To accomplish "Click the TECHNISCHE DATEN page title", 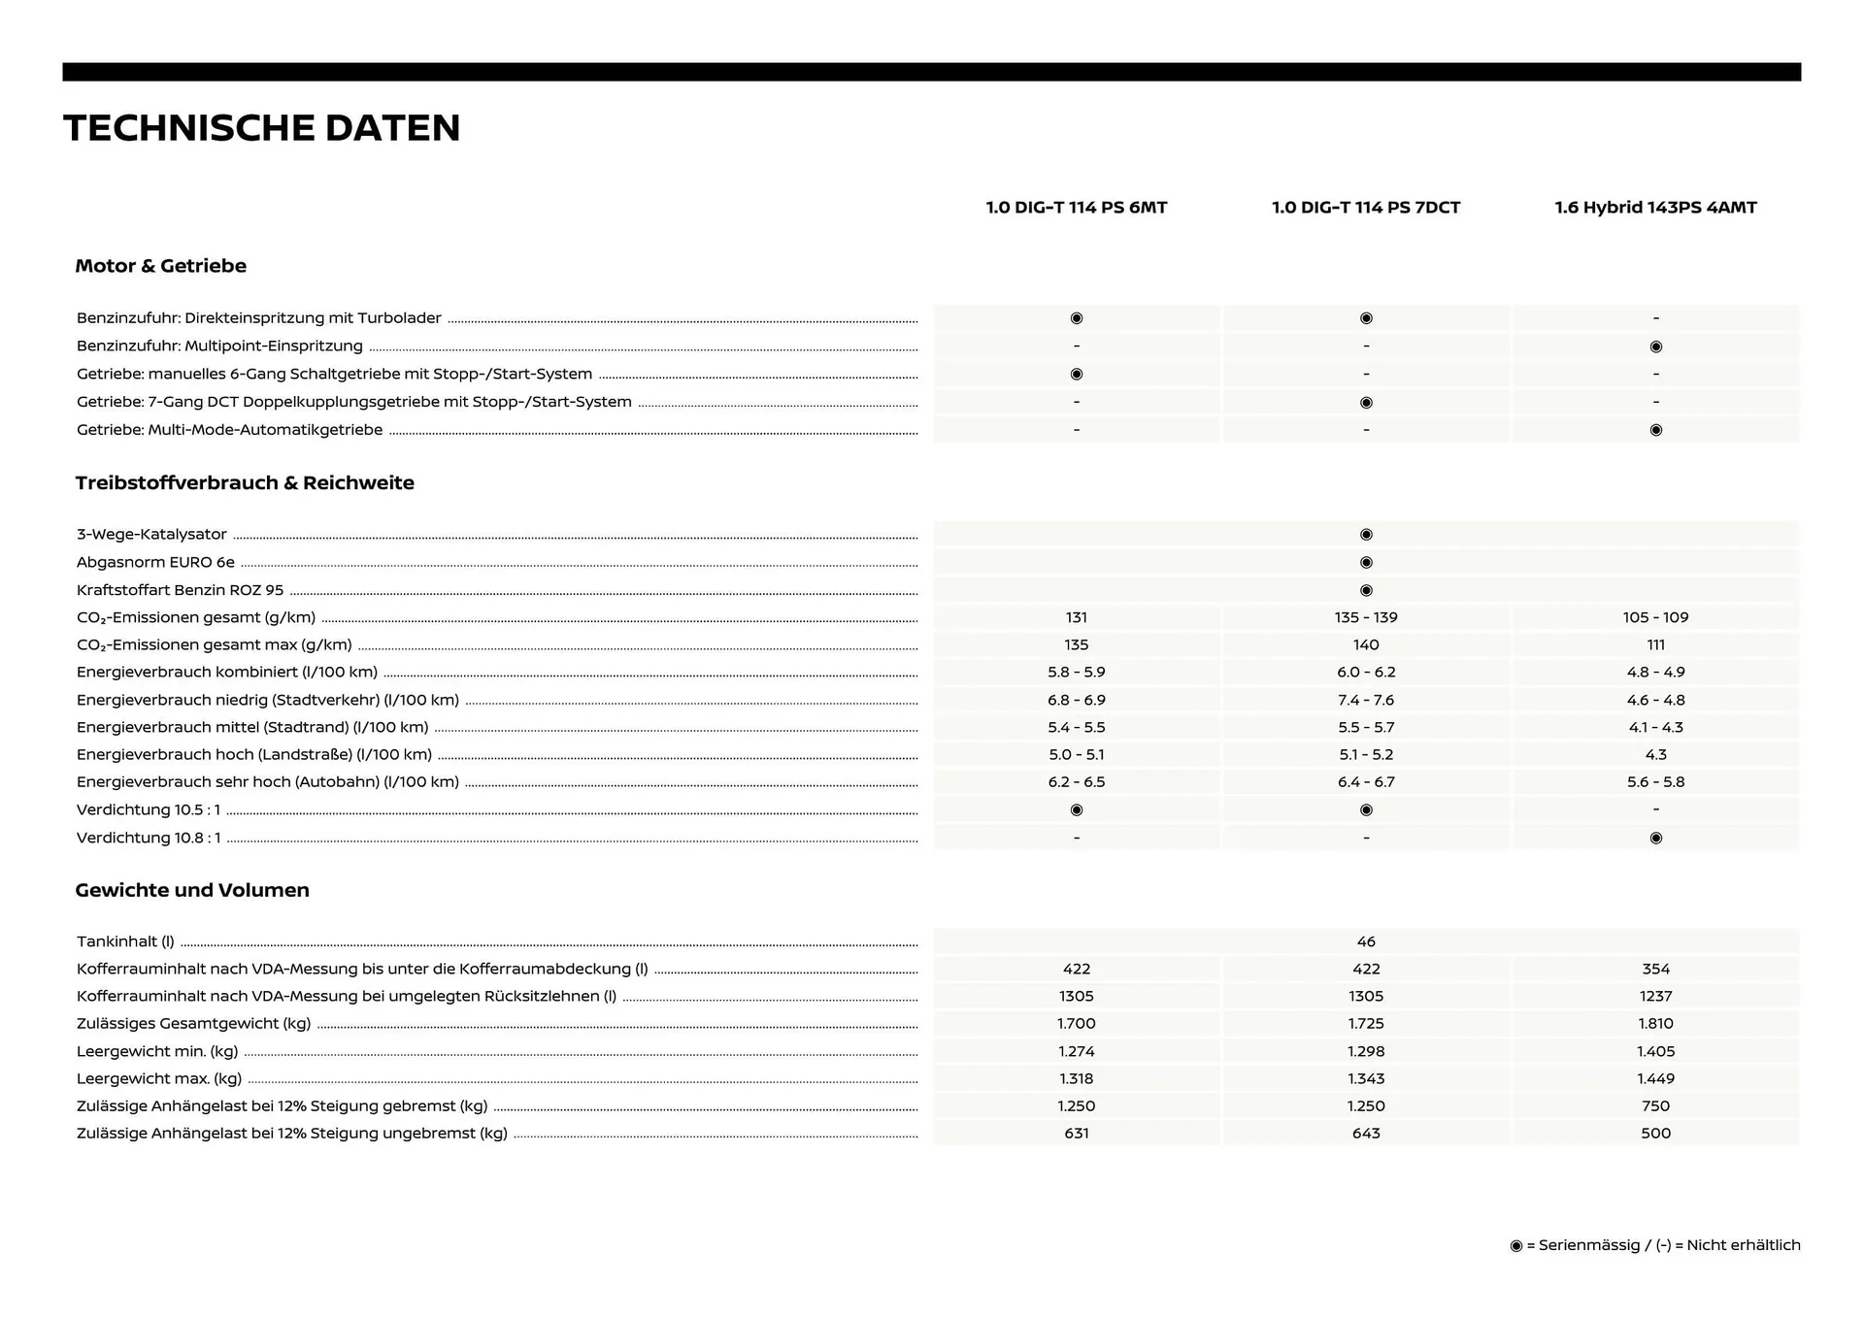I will pos(262,128).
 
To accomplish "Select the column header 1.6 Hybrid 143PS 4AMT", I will pos(1655,208).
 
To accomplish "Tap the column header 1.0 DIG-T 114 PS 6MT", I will pos(1076,208).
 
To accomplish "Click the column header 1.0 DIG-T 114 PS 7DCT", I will pos(1366,208).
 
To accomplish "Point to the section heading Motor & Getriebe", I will pos(161,266).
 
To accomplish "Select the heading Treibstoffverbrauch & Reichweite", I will pos(245,483).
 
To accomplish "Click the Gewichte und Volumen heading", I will pos(192,890).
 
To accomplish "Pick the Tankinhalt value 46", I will pos(1366,941).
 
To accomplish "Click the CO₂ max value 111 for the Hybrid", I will pos(1655,644).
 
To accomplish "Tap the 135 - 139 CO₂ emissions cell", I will pos(1366,617).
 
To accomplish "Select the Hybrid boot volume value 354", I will pos(1655,969).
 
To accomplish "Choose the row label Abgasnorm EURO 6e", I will pos(155,562).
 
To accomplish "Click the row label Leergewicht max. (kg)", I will pos(159,1078).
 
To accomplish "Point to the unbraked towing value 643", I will pos(1366,1133).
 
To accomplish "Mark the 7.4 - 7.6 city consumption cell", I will pos(1366,700).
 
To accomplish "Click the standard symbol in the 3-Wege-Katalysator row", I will pos(1366,535).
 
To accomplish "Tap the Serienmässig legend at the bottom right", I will pos(1654,1245).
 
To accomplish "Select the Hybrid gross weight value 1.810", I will pos(1655,1023).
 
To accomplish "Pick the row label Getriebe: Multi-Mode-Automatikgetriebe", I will pos(230,430).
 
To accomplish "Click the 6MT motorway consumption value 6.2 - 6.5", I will pos(1076,781).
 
